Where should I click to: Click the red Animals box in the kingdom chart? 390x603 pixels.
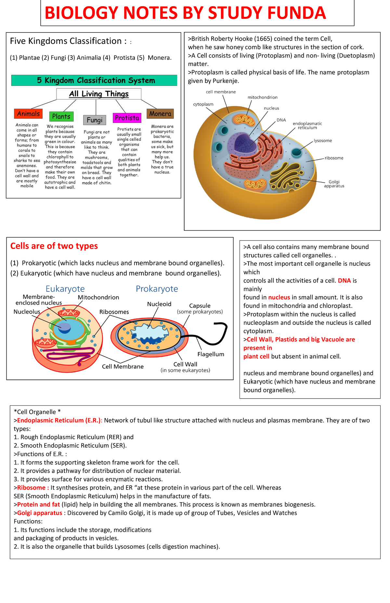[x=28, y=114]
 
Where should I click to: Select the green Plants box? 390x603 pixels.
[x=61, y=116]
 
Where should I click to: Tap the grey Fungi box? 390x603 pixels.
[x=95, y=120]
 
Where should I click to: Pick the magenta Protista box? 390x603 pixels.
[x=127, y=118]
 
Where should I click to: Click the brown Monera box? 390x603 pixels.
[x=160, y=114]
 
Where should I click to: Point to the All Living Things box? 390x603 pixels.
[x=99, y=94]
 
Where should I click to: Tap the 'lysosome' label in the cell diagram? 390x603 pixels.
[x=322, y=141]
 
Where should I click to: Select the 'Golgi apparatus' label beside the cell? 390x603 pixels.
[x=334, y=184]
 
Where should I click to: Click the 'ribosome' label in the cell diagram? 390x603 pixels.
[x=334, y=158]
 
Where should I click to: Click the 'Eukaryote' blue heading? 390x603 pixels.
[x=65, y=289]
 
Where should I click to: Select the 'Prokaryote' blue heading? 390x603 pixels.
[x=157, y=289]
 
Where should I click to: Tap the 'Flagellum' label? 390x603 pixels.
[x=211, y=354]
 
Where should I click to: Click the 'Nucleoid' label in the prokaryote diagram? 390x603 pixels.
[x=159, y=304]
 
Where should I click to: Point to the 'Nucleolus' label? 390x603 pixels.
[x=27, y=312]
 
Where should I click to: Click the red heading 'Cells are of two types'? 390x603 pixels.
[x=54, y=246]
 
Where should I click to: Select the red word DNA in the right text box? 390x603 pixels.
[x=344, y=281]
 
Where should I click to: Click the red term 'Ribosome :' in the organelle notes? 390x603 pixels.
[x=33, y=488]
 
